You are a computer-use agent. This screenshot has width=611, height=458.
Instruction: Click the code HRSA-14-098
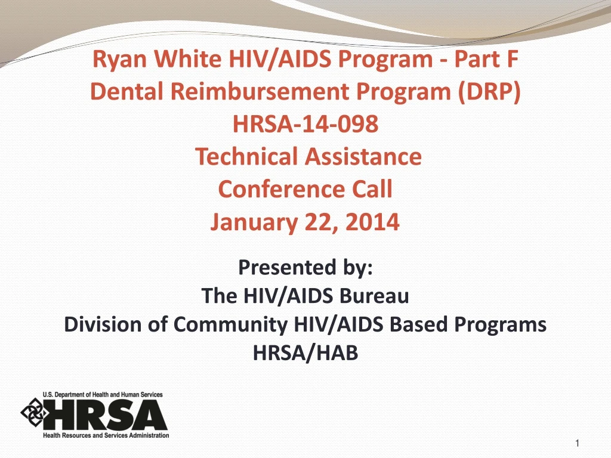(305, 125)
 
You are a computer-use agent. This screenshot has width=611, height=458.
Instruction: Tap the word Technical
(246, 157)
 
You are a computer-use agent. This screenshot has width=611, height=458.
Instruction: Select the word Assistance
(362, 157)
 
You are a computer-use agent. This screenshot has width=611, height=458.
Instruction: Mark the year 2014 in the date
(375, 222)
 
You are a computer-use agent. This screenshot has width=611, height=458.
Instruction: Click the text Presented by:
(305, 267)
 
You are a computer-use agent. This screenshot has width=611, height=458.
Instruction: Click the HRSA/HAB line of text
(305, 353)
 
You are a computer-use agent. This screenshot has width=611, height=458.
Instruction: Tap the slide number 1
(578, 442)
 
